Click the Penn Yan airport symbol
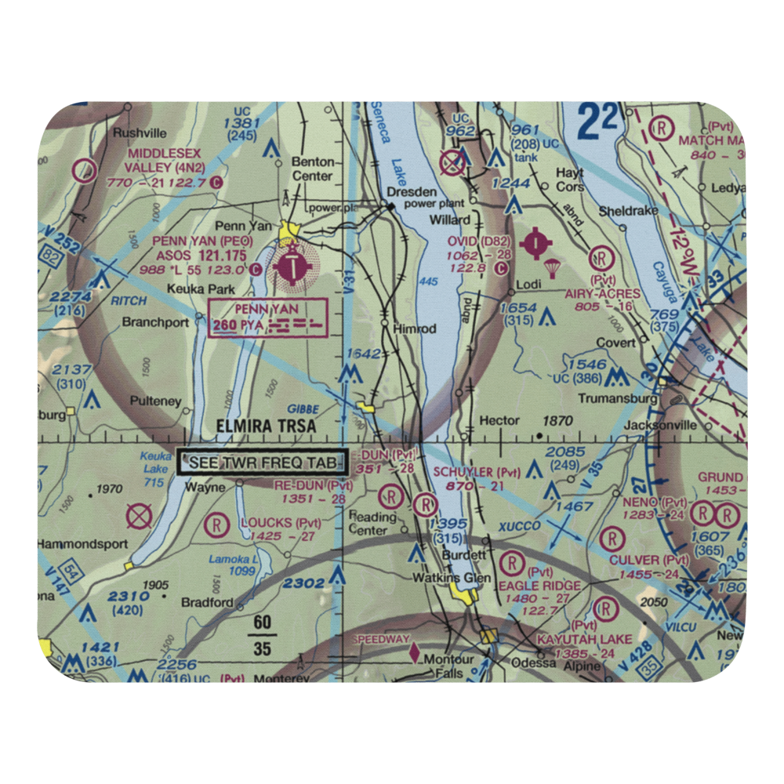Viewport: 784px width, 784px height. [x=292, y=267]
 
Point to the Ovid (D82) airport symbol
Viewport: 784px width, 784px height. [x=535, y=244]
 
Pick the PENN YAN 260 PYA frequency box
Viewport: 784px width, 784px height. [x=267, y=318]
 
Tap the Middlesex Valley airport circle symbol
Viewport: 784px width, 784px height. [x=83, y=170]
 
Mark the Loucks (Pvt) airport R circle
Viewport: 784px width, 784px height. [x=216, y=523]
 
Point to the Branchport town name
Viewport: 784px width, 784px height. [x=155, y=322]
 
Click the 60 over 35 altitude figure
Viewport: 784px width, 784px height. [x=262, y=636]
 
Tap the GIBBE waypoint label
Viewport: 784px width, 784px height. [x=302, y=409]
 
